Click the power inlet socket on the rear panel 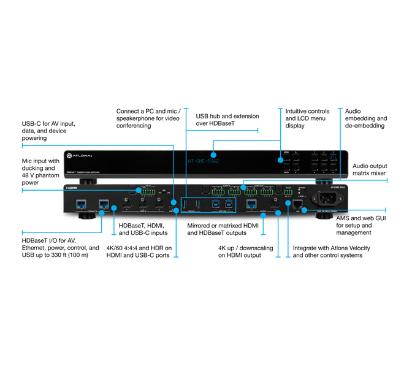(x=326, y=199)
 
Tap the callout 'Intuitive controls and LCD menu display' (x=305, y=118)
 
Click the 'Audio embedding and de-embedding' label (x=366, y=118)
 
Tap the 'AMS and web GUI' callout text (x=362, y=224)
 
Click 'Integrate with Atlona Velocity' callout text (x=327, y=251)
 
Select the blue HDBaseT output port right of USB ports (x=251, y=203)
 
